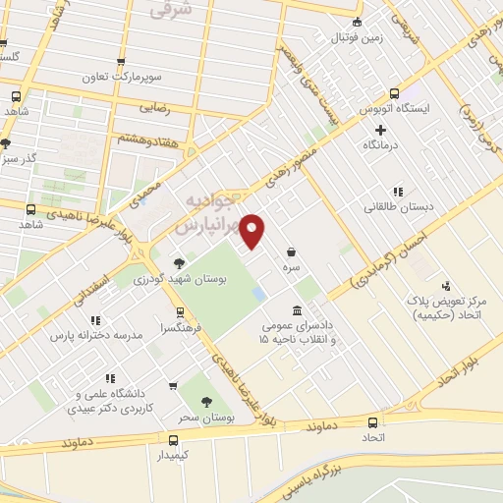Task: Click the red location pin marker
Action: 253,231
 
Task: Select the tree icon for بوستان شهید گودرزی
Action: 178,263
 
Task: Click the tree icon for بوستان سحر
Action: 206,402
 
